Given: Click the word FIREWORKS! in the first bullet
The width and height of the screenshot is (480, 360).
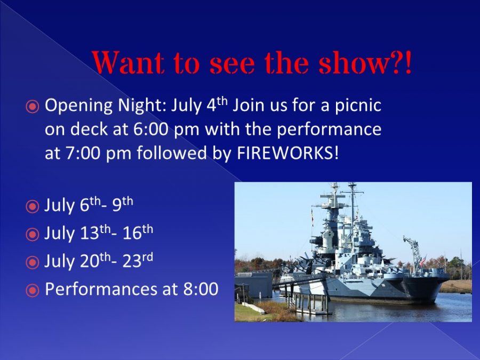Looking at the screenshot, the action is coord(288,153).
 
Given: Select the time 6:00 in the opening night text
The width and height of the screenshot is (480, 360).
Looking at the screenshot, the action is coord(150,129).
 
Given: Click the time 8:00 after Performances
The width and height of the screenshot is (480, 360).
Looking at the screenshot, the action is coord(201,289).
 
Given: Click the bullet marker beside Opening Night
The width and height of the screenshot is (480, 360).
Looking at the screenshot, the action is coord(33,107).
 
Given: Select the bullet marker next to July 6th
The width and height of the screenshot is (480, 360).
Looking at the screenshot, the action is coord(33,206).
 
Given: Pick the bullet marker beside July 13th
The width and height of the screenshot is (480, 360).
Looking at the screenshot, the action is coord(33,235).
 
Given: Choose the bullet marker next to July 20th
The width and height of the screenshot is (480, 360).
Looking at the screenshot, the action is coord(33,262).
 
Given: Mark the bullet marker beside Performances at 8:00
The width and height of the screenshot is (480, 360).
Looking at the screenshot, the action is coord(33,291).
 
